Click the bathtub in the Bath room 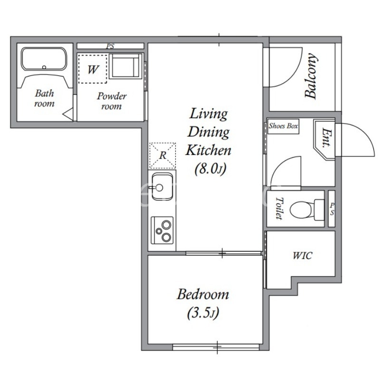click(44, 58)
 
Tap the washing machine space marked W click(93, 69)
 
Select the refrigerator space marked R click(162, 155)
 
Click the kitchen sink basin click(162, 186)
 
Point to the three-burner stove click(162, 230)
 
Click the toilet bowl click(306, 209)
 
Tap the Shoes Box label click(283, 126)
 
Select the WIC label click(303, 256)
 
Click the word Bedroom click(203, 294)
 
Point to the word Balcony click(311, 76)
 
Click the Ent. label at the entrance click(326, 138)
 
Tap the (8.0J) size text click(210, 169)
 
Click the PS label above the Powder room click(110, 46)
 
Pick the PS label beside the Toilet click(332, 209)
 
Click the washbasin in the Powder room click(125, 66)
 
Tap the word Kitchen click(208, 150)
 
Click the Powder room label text click(112, 101)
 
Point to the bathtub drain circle click(44, 67)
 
